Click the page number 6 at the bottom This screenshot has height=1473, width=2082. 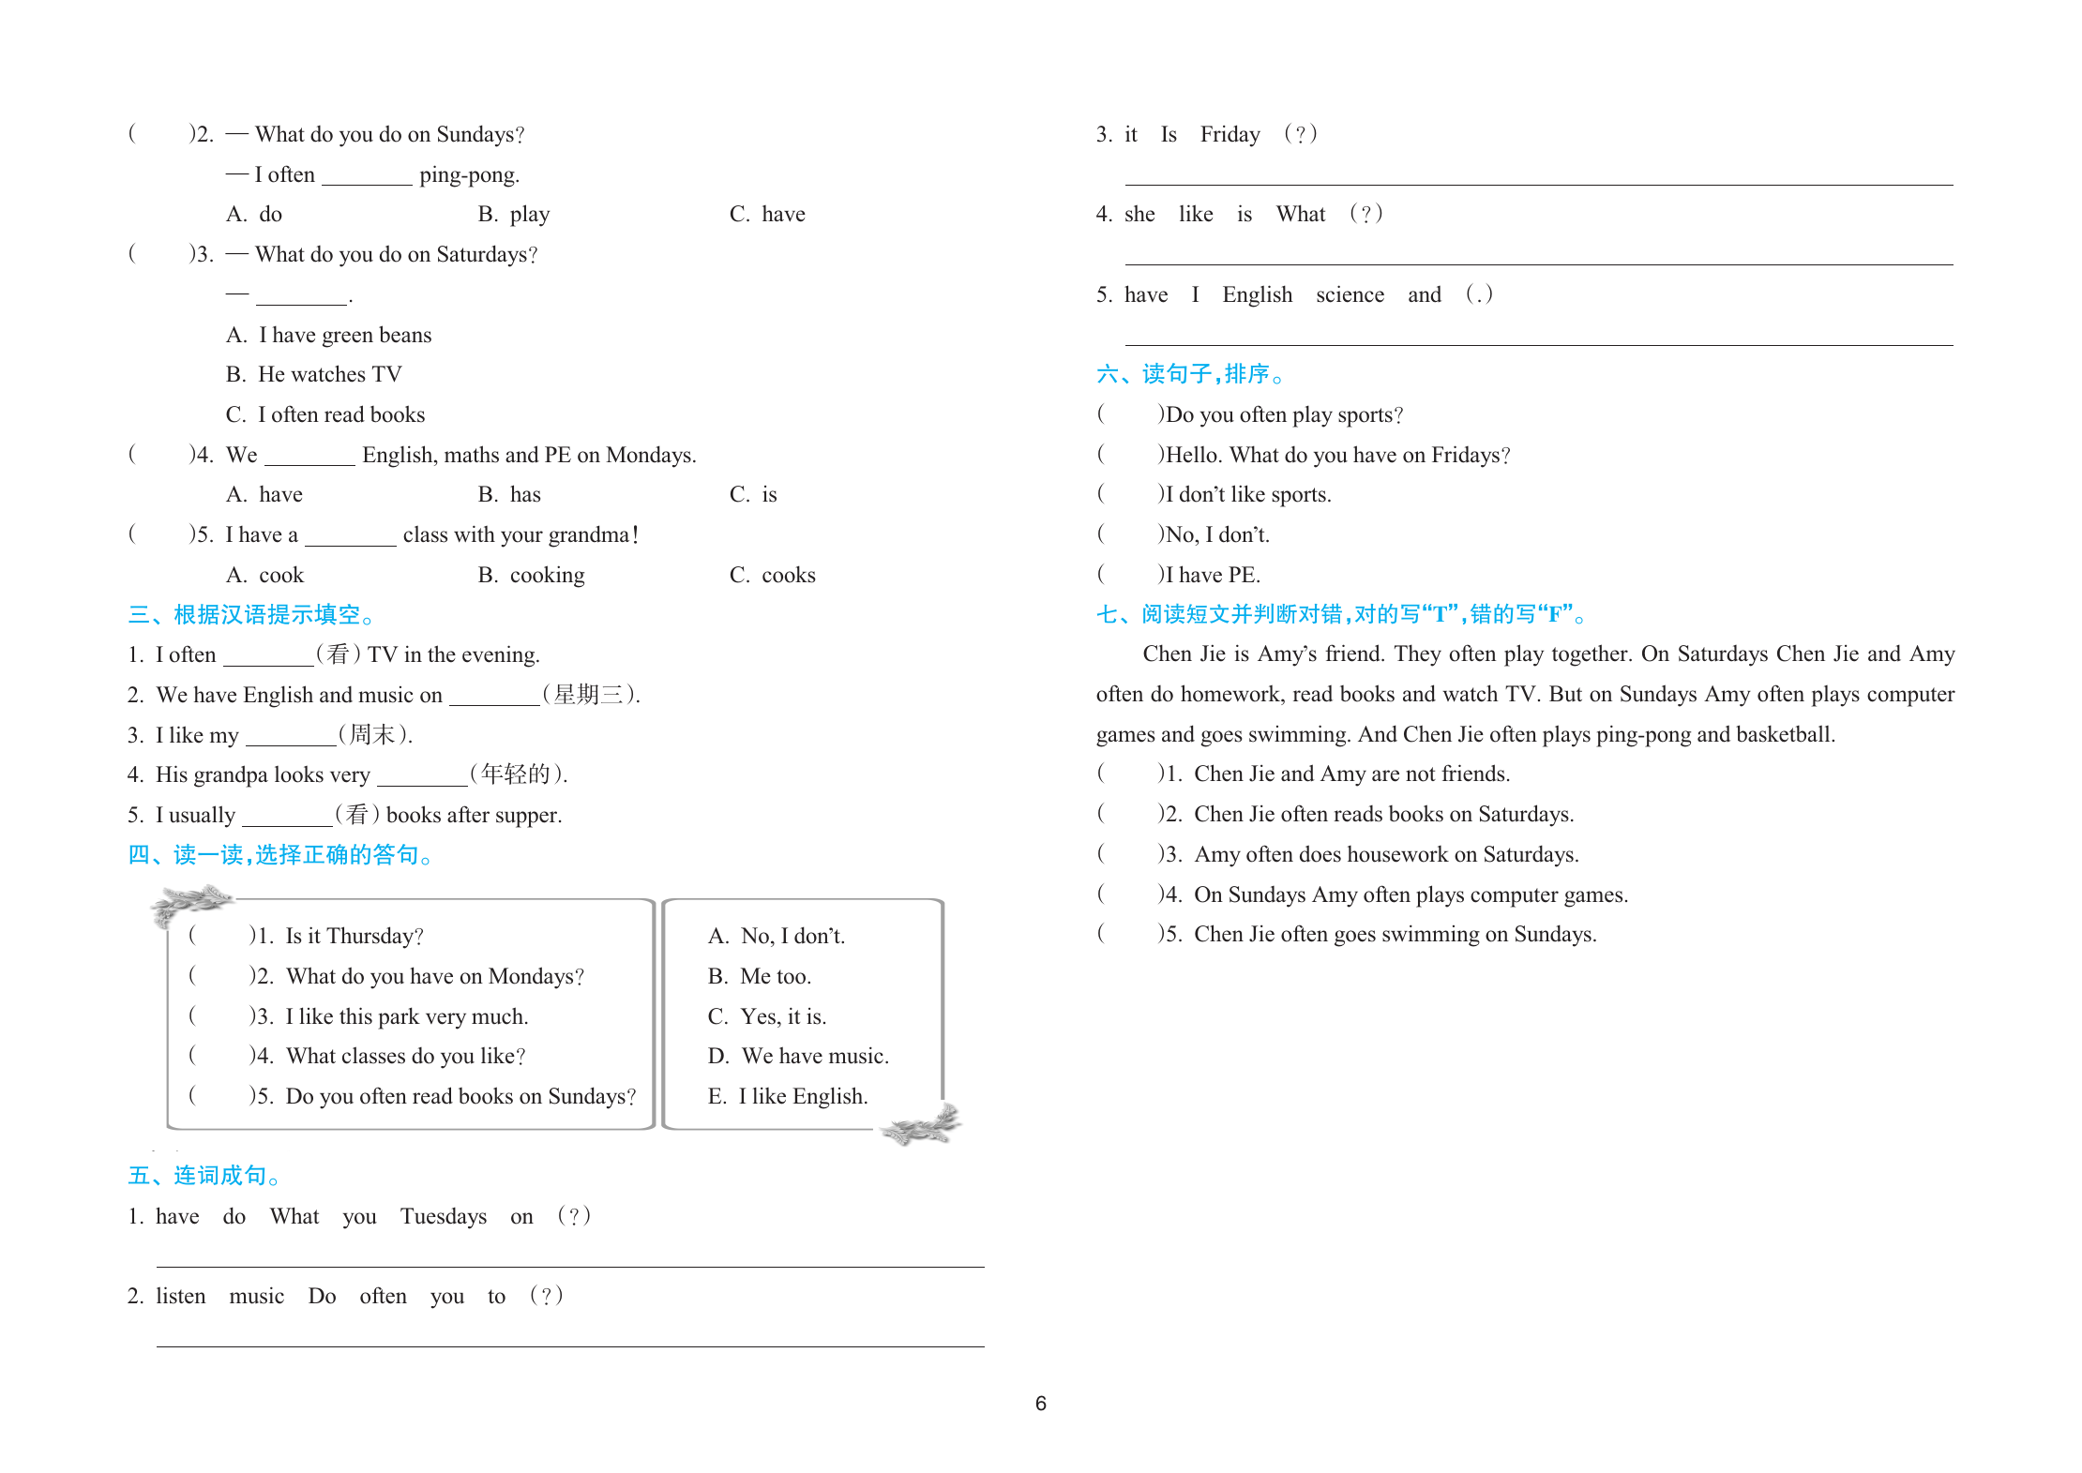tap(1040, 1404)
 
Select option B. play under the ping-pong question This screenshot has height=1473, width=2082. tap(514, 215)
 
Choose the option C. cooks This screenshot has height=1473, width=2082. tap(773, 576)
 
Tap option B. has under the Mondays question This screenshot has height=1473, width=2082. tap(509, 495)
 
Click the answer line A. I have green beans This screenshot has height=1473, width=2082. tap(329, 336)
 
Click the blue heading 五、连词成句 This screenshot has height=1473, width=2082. tap(204, 1176)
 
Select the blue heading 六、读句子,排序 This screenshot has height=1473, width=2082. tap(1189, 374)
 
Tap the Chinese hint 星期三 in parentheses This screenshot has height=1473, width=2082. tap(590, 695)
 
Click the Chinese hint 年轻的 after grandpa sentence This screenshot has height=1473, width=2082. tap(517, 774)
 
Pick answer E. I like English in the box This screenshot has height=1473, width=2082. tap(788, 1097)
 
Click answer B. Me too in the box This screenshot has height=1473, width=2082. tap(760, 977)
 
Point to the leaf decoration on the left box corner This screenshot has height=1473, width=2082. tap(190, 902)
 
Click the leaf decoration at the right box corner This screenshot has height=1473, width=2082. tap(922, 1124)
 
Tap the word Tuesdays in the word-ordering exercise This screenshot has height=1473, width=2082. tap(444, 1217)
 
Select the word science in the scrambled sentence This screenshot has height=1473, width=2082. tap(1350, 295)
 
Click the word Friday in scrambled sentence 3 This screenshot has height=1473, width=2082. tap(1230, 135)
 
